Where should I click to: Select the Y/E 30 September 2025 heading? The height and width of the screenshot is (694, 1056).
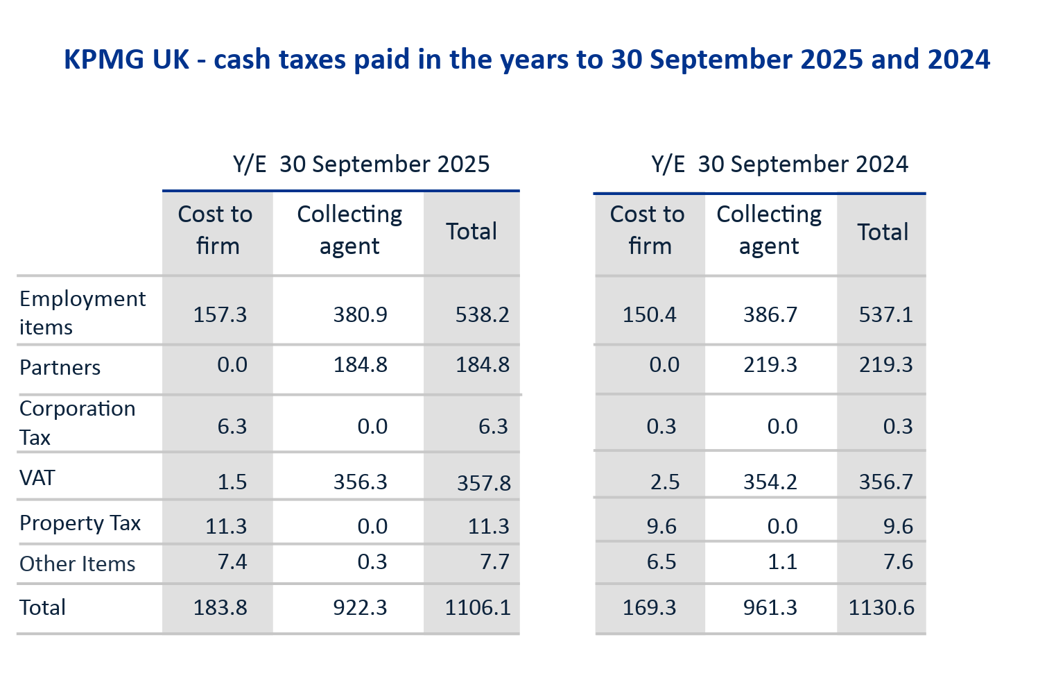[361, 164]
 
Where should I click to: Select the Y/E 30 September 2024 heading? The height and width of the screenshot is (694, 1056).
[779, 164]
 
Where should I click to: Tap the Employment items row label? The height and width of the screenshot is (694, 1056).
[83, 312]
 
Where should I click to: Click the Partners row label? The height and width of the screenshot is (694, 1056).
[60, 367]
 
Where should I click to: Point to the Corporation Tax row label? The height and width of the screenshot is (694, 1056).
[77, 423]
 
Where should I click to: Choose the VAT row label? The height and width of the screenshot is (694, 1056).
[37, 478]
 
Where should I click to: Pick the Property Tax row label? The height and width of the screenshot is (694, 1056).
[80, 523]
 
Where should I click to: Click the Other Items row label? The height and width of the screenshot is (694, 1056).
[78, 564]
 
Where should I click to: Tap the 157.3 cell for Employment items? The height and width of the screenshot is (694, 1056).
[220, 314]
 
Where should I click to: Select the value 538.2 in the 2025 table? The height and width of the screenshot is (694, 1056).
[482, 314]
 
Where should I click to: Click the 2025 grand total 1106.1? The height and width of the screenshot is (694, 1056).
[478, 607]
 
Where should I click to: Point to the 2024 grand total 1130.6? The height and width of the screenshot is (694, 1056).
[881, 607]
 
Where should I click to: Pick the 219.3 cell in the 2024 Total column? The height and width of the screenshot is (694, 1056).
[885, 364]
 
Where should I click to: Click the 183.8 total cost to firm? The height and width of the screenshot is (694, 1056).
[220, 607]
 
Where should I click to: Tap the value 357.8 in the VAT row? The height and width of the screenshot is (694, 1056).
[483, 482]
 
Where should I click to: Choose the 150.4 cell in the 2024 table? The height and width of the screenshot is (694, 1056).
[649, 314]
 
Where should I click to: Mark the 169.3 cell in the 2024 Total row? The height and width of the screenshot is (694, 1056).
[649, 607]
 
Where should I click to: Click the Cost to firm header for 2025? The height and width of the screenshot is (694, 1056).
[216, 230]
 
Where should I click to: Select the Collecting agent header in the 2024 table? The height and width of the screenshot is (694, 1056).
[769, 230]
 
